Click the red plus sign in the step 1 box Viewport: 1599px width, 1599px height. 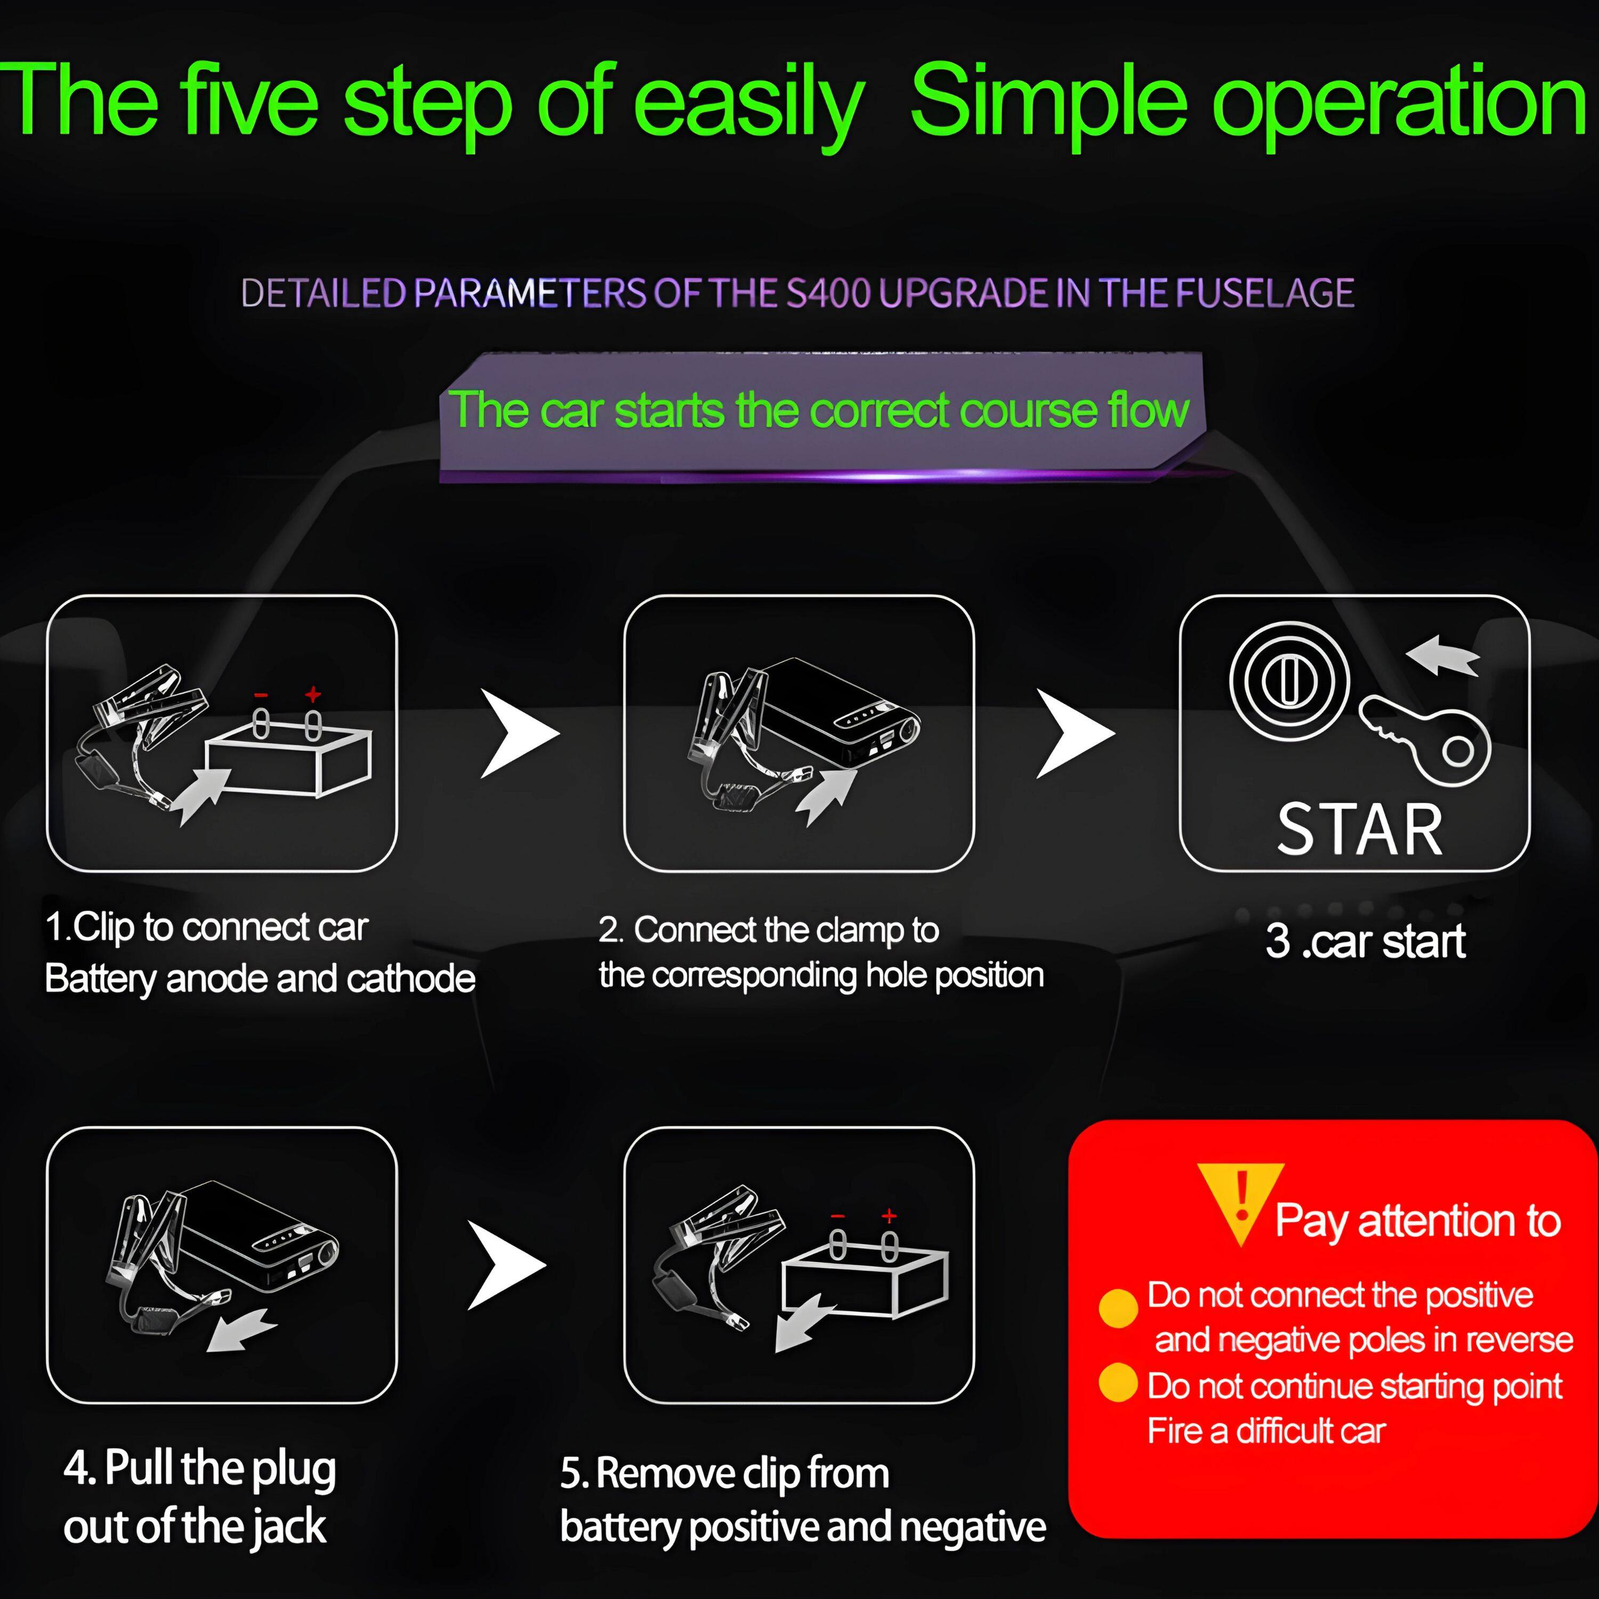313,693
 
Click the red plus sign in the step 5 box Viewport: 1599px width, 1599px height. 889,1216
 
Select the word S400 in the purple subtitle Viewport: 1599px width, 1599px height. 828,293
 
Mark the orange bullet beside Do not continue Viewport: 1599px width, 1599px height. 1118,1382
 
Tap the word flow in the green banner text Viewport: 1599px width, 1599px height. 1149,410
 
